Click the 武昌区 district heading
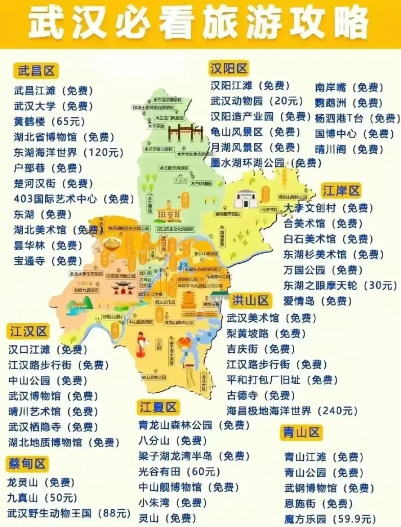pos(36,71)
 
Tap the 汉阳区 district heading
pos(228,69)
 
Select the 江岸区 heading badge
pos(341,191)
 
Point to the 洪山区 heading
pos(250,300)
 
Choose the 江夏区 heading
pos(158,407)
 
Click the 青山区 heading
pos(301,432)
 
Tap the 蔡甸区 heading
pos(27,464)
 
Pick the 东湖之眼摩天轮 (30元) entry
pos(340,286)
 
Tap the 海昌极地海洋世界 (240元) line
pos(292,411)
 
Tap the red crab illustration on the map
pos(185,343)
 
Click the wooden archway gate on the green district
pos(186,132)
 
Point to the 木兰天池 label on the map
pos(157,126)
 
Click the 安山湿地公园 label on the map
pos(153,378)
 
